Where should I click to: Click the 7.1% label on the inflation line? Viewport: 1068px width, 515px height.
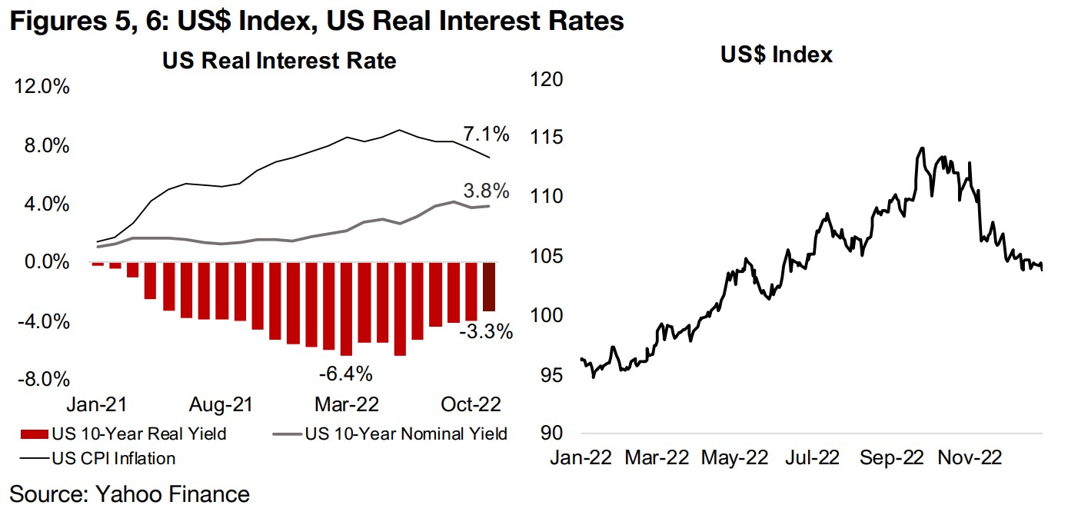point(486,135)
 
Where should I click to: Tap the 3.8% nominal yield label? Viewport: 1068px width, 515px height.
point(486,190)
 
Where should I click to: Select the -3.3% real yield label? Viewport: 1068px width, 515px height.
point(487,332)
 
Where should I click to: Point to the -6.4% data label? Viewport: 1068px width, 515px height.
point(346,374)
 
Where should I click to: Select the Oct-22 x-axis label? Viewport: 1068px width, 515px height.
point(470,404)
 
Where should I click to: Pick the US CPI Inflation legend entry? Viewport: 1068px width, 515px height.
point(99,458)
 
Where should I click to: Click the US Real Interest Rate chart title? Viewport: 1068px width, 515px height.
point(279,61)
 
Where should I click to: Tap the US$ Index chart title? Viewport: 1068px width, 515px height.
point(777,55)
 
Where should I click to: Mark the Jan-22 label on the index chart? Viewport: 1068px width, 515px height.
point(580,458)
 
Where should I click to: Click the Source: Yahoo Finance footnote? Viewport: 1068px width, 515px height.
point(129,494)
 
